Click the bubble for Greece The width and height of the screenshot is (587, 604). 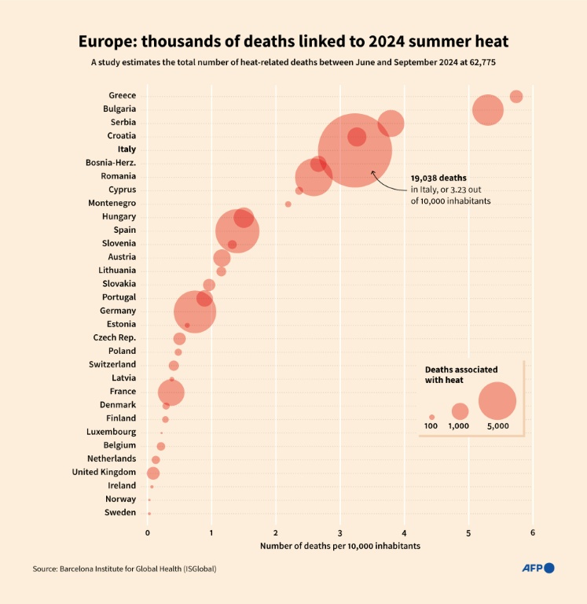pyautogui.click(x=515, y=97)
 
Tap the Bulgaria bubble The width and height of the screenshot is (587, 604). pyautogui.click(x=487, y=109)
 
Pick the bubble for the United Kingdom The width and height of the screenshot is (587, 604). pyautogui.click(x=153, y=473)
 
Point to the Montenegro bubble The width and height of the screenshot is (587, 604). pyautogui.click(x=288, y=204)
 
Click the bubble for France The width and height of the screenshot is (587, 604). pyautogui.click(x=171, y=392)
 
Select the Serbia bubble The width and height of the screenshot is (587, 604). pyautogui.click(x=391, y=123)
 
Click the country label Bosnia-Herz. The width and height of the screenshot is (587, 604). pyautogui.click(x=111, y=163)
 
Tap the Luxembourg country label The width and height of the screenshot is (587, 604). pyautogui.click(x=112, y=432)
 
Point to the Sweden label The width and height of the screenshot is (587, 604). pyautogui.click(x=120, y=513)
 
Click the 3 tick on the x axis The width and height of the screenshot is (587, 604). pyautogui.click(x=340, y=533)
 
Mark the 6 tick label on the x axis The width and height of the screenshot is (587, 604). pyautogui.click(x=533, y=533)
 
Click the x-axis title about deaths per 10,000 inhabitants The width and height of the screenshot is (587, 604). pyautogui.click(x=340, y=546)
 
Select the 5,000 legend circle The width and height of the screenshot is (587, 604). pyautogui.click(x=497, y=401)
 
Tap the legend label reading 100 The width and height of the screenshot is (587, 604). pyautogui.click(x=431, y=426)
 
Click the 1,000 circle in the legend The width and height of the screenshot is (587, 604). pyautogui.click(x=460, y=411)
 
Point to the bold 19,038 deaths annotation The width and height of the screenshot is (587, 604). pyautogui.click(x=438, y=179)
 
